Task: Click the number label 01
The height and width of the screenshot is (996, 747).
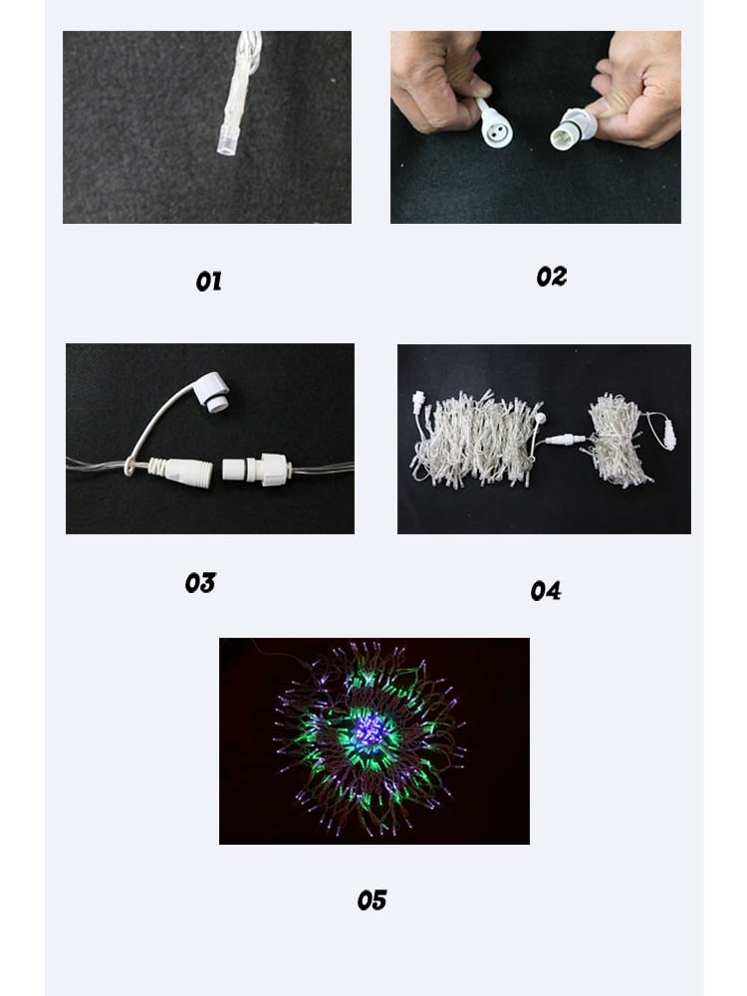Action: click(x=208, y=282)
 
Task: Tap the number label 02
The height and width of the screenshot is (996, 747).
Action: click(x=551, y=277)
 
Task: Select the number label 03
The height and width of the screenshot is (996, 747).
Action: click(x=200, y=582)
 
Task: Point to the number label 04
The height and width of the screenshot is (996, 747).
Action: click(x=546, y=591)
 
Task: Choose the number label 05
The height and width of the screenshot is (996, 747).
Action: click(x=372, y=900)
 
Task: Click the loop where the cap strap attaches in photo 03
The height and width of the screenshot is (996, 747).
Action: click(x=129, y=467)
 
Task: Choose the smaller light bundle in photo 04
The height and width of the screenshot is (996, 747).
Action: click(x=617, y=438)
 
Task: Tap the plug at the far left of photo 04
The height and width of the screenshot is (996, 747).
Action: click(x=419, y=403)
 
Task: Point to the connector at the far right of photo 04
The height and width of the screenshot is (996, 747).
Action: click(x=668, y=434)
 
